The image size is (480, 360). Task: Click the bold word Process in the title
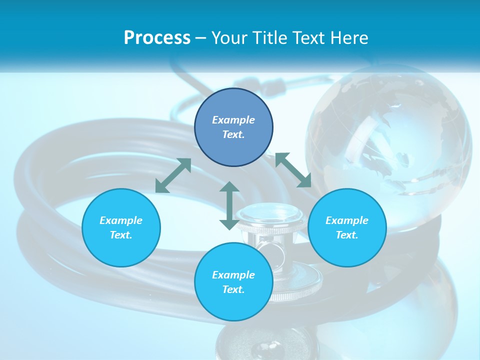(157, 38)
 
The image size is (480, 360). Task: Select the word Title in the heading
(268, 38)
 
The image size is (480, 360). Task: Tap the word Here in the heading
(348, 38)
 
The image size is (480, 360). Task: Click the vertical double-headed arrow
(229, 205)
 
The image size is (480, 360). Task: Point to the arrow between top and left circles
(173, 175)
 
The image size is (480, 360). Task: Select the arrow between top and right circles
(293, 170)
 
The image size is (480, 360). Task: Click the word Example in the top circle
(233, 120)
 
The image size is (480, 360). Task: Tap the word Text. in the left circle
(121, 235)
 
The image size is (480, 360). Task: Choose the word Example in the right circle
(347, 220)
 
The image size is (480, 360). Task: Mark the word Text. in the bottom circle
(233, 289)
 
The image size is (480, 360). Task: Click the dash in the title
(200, 38)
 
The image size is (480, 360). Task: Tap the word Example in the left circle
(121, 220)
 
